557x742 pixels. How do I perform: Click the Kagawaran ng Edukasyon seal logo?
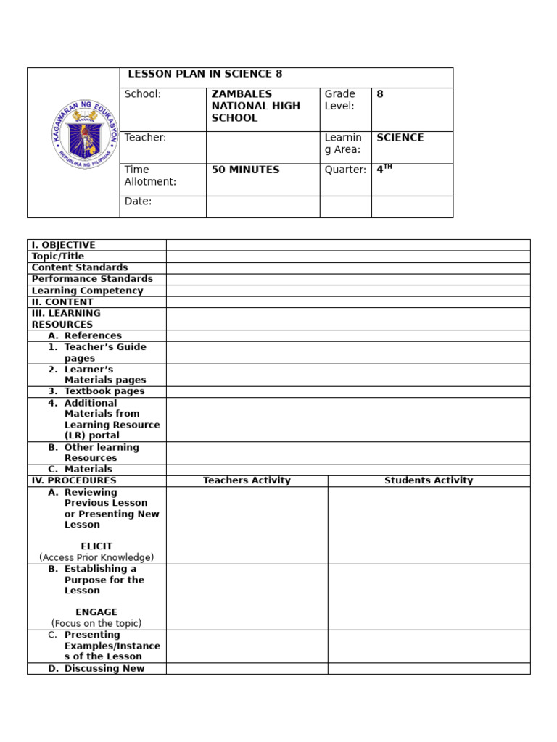click(85, 135)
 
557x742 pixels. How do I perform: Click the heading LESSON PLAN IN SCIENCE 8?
click(205, 74)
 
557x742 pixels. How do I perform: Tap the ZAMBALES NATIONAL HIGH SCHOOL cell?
click(255, 106)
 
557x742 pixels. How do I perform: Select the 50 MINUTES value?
click(245, 170)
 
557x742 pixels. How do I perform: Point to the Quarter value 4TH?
click(384, 170)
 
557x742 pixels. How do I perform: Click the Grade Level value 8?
click(379, 94)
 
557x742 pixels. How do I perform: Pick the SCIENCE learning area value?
click(400, 138)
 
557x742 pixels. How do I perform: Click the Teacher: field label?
click(145, 138)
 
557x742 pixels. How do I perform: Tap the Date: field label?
click(138, 201)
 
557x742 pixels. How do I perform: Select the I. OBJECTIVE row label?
click(63, 245)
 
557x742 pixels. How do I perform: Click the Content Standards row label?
click(80, 267)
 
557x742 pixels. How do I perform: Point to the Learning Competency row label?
click(87, 291)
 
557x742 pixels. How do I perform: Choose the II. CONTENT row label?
click(62, 302)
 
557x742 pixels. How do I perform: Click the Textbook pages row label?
click(104, 391)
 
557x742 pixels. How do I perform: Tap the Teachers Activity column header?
click(247, 480)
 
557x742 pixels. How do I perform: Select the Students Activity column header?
click(429, 480)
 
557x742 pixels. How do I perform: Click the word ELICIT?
click(96, 546)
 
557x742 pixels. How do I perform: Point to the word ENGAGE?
click(96, 612)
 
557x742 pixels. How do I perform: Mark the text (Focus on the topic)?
click(96, 623)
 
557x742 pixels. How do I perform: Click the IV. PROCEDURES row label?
click(74, 480)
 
